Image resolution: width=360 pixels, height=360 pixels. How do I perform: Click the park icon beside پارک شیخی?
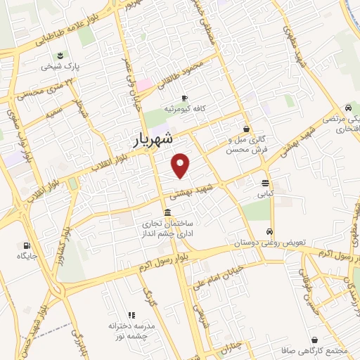pyautogui.click(x=60, y=56)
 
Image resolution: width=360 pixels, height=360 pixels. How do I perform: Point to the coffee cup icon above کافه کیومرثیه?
pyautogui.click(x=184, y=98)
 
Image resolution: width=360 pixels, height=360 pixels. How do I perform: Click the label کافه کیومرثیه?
pyautogui.click(x=184, y=109)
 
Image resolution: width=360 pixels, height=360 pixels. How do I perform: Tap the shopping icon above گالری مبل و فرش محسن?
pyautogui.click(x=246, y=129)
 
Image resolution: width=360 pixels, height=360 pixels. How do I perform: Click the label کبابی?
pyautogui.click(x=264, y=193)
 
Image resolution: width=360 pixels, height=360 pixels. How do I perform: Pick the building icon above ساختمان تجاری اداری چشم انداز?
pyautogui.click(x=167, y=213)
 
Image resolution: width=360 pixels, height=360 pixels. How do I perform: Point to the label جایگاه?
pyautogui.click(x=28, y=257)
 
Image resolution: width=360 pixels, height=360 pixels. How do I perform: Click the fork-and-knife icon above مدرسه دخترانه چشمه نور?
pyautogui.click(x=131, y=316)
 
